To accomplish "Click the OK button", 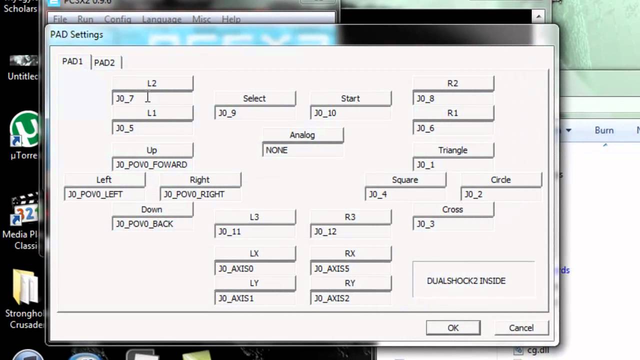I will [453, 327].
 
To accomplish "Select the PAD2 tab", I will [104, 62].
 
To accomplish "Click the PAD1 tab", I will [72, 61].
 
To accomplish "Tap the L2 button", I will [152, 83].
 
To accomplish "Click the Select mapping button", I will [254, 98].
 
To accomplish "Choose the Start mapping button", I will [350, 98].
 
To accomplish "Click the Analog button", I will [302, 135].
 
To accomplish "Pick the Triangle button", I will [453, 150].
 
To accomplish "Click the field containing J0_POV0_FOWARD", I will [152, 164].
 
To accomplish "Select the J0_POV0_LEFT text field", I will [104, 194].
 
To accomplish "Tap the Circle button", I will [500, 179].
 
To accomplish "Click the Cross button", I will [453, 209].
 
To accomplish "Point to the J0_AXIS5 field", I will [350, 268].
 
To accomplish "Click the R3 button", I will [350, 217].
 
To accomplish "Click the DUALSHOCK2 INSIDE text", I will [466, 281].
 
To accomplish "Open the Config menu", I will [117, 19].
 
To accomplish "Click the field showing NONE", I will [302, 150].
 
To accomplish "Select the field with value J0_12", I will [350, 231].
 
